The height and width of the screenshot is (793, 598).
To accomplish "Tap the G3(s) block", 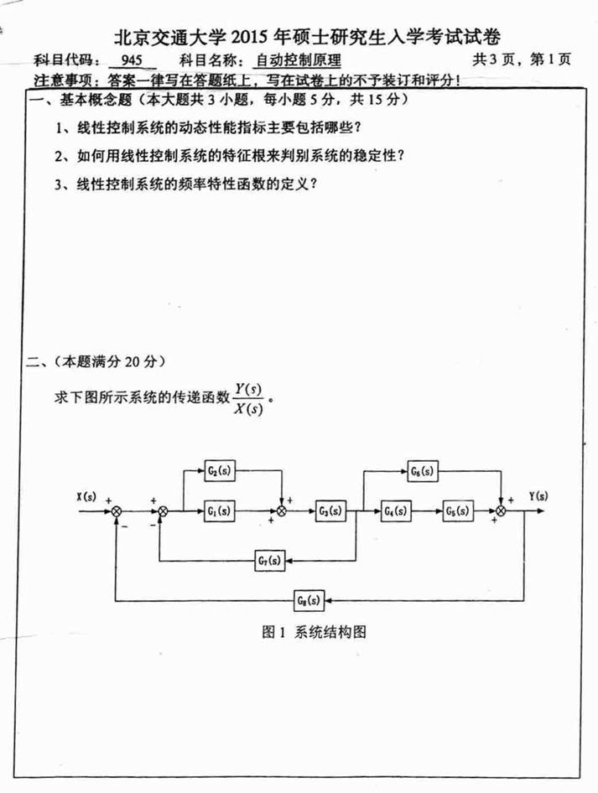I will pos(330,510).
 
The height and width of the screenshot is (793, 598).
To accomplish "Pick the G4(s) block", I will pos(393,510).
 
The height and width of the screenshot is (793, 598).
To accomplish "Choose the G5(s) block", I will pos(457,510).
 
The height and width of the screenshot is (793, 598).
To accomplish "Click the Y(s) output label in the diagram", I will pos(538,495).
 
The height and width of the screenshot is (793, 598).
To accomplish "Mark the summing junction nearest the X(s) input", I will pos(117,510).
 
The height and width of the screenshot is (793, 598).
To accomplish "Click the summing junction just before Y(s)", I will pos(502,510).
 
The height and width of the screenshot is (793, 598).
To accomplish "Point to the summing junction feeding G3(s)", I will pos(283,510).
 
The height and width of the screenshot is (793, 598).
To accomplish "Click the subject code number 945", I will pos(133,60).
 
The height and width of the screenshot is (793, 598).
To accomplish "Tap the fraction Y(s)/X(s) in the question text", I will pos(249,398).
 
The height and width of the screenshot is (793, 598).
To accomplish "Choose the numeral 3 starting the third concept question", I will pos(59,184).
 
